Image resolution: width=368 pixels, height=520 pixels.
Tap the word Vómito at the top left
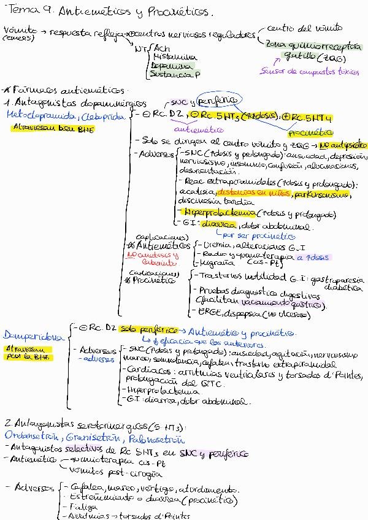click(17, 29)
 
